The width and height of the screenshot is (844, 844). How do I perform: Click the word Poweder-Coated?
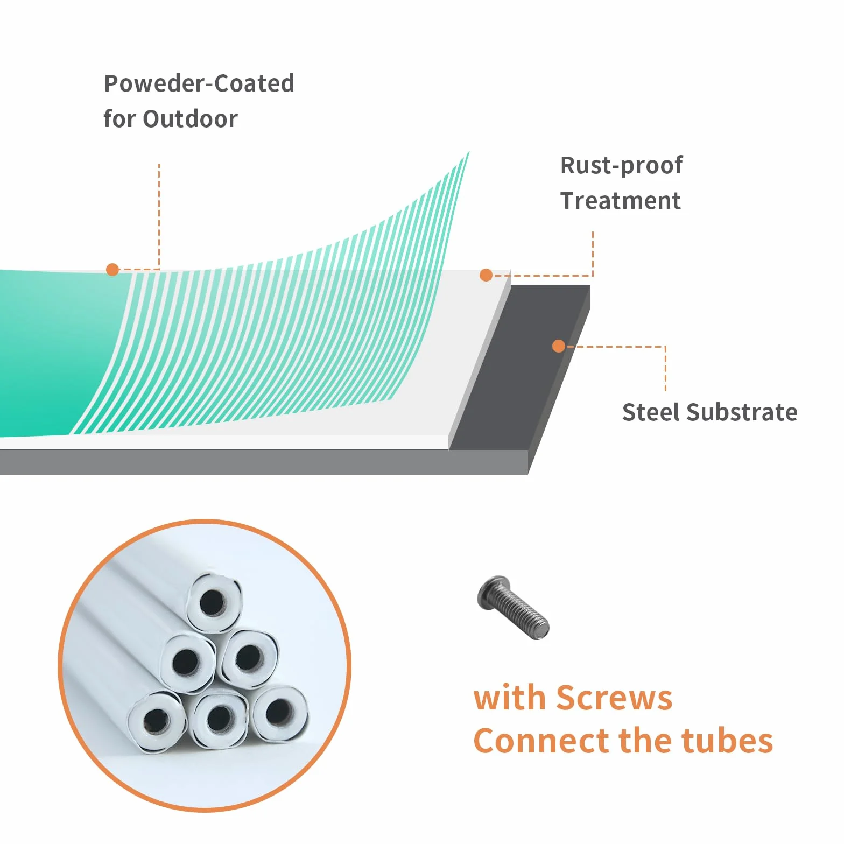click(x=199, y=83)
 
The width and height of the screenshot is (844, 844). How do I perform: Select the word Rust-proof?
click(x=622, y=166)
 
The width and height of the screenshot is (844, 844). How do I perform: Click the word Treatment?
click(x=621, y=201)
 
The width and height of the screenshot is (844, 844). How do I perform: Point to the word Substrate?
click(x=742, y=412)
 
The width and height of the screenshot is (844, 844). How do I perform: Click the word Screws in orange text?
click(x=614, y=698)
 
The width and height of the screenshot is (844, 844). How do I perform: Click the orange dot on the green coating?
click(x=112, y=270)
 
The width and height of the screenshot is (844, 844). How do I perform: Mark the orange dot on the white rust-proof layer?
click(x=486, y=275)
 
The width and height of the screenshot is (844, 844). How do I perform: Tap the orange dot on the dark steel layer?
click(x=559, y=346)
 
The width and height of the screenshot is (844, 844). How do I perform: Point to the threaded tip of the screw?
click(x=541, y=629)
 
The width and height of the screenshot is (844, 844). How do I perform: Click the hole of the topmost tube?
click(x=213, y=602)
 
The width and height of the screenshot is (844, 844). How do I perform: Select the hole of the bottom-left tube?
click(x=157, y=721)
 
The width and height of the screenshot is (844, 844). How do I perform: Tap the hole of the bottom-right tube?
click(x=279, y=712)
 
